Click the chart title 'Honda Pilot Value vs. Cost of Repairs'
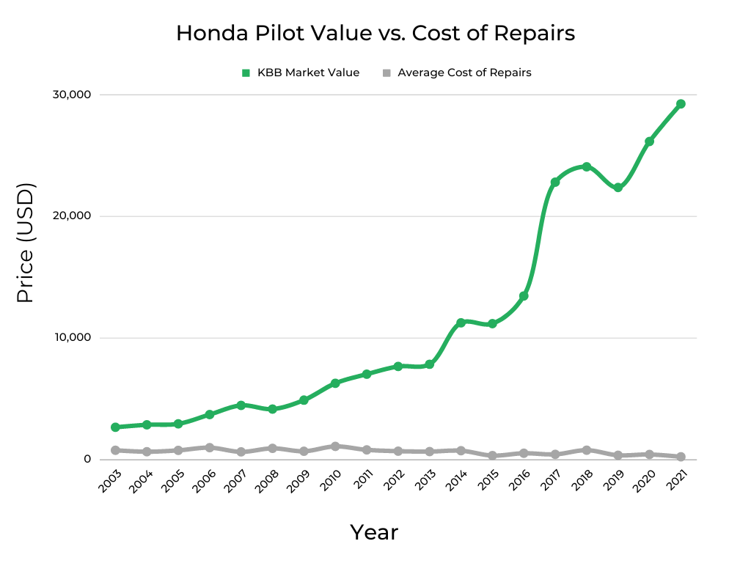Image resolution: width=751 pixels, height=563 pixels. [375, 34]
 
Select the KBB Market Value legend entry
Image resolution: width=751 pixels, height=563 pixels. [301, 73]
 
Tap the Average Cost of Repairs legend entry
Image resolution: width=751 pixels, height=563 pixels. [457, 73]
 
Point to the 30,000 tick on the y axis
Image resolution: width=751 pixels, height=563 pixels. [70, 95]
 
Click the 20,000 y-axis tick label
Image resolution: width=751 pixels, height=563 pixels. [70, 216]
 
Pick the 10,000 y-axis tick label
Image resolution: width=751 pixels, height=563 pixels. [70, 338]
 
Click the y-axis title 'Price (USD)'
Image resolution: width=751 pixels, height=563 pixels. [25, 244]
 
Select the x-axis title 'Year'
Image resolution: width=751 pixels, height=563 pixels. [374, 532]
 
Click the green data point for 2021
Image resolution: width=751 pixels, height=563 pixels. [681, 104]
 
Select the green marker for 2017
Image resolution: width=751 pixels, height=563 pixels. [555, 182]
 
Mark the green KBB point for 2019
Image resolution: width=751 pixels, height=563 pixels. [618, 188]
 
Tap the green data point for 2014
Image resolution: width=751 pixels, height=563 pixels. [461, 323]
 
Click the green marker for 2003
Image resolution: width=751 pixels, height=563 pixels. [115, 427]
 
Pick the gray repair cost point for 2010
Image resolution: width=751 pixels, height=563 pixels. [335, 446]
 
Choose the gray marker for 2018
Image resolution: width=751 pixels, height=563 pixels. [587, 450]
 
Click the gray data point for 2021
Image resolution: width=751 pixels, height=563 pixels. [681, 457]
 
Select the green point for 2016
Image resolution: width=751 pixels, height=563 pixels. [524, 296]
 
